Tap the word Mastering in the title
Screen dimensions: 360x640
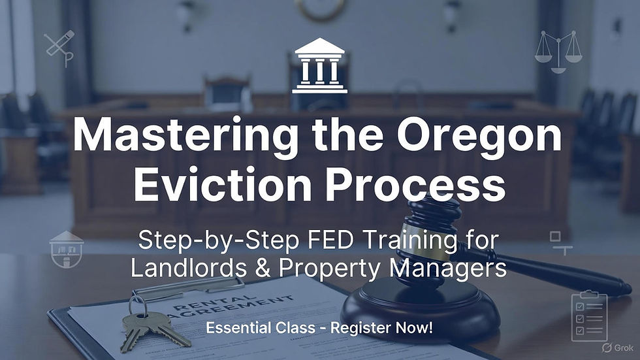[x=163, y=137]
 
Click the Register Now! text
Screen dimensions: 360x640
[x=381, y=327]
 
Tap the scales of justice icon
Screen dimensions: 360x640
[x=558, y=51]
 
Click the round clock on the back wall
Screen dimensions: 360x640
[x=319, y=8]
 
